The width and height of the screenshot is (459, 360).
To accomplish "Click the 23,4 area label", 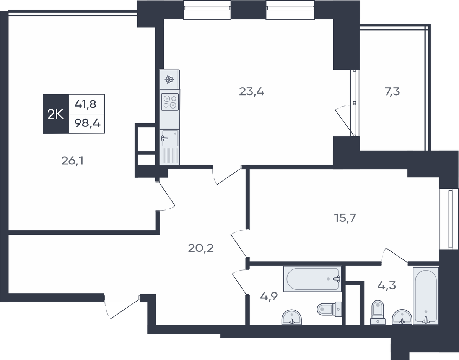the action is coord(252,92).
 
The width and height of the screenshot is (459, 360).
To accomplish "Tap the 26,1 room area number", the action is coord(72,161).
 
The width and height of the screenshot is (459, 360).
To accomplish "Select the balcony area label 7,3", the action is coord(392,92).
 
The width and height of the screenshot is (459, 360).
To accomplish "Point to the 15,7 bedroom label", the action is coord(345,218).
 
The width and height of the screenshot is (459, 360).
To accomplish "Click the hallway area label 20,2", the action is coord(201,248).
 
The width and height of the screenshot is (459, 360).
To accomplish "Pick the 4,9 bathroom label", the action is coord(269,297).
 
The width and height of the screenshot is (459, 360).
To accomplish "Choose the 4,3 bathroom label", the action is coord(387,286).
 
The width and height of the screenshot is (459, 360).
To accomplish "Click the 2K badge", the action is coord(56,114).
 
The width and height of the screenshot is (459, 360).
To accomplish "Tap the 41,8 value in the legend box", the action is coord(86,104).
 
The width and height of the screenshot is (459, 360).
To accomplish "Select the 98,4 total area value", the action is coord(87,123).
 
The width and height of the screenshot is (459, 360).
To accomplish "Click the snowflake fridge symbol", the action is coord(169,79).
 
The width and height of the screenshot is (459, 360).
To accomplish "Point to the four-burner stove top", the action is coord(170,102).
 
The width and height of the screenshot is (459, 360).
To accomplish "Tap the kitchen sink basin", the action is coord(170,138).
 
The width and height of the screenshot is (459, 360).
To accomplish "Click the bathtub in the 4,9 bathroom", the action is coord(313,279).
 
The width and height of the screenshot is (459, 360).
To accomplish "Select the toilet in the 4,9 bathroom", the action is coord(329,309).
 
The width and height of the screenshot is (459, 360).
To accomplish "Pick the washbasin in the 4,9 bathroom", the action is coord(292,317).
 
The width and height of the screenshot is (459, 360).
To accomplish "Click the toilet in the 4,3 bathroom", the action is coord(378,313).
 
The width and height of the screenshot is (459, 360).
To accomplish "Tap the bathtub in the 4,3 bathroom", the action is coord(426,296).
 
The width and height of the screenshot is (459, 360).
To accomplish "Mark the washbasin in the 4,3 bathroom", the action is coord(402,317).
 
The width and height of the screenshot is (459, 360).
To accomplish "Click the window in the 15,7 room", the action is coord(449,219).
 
